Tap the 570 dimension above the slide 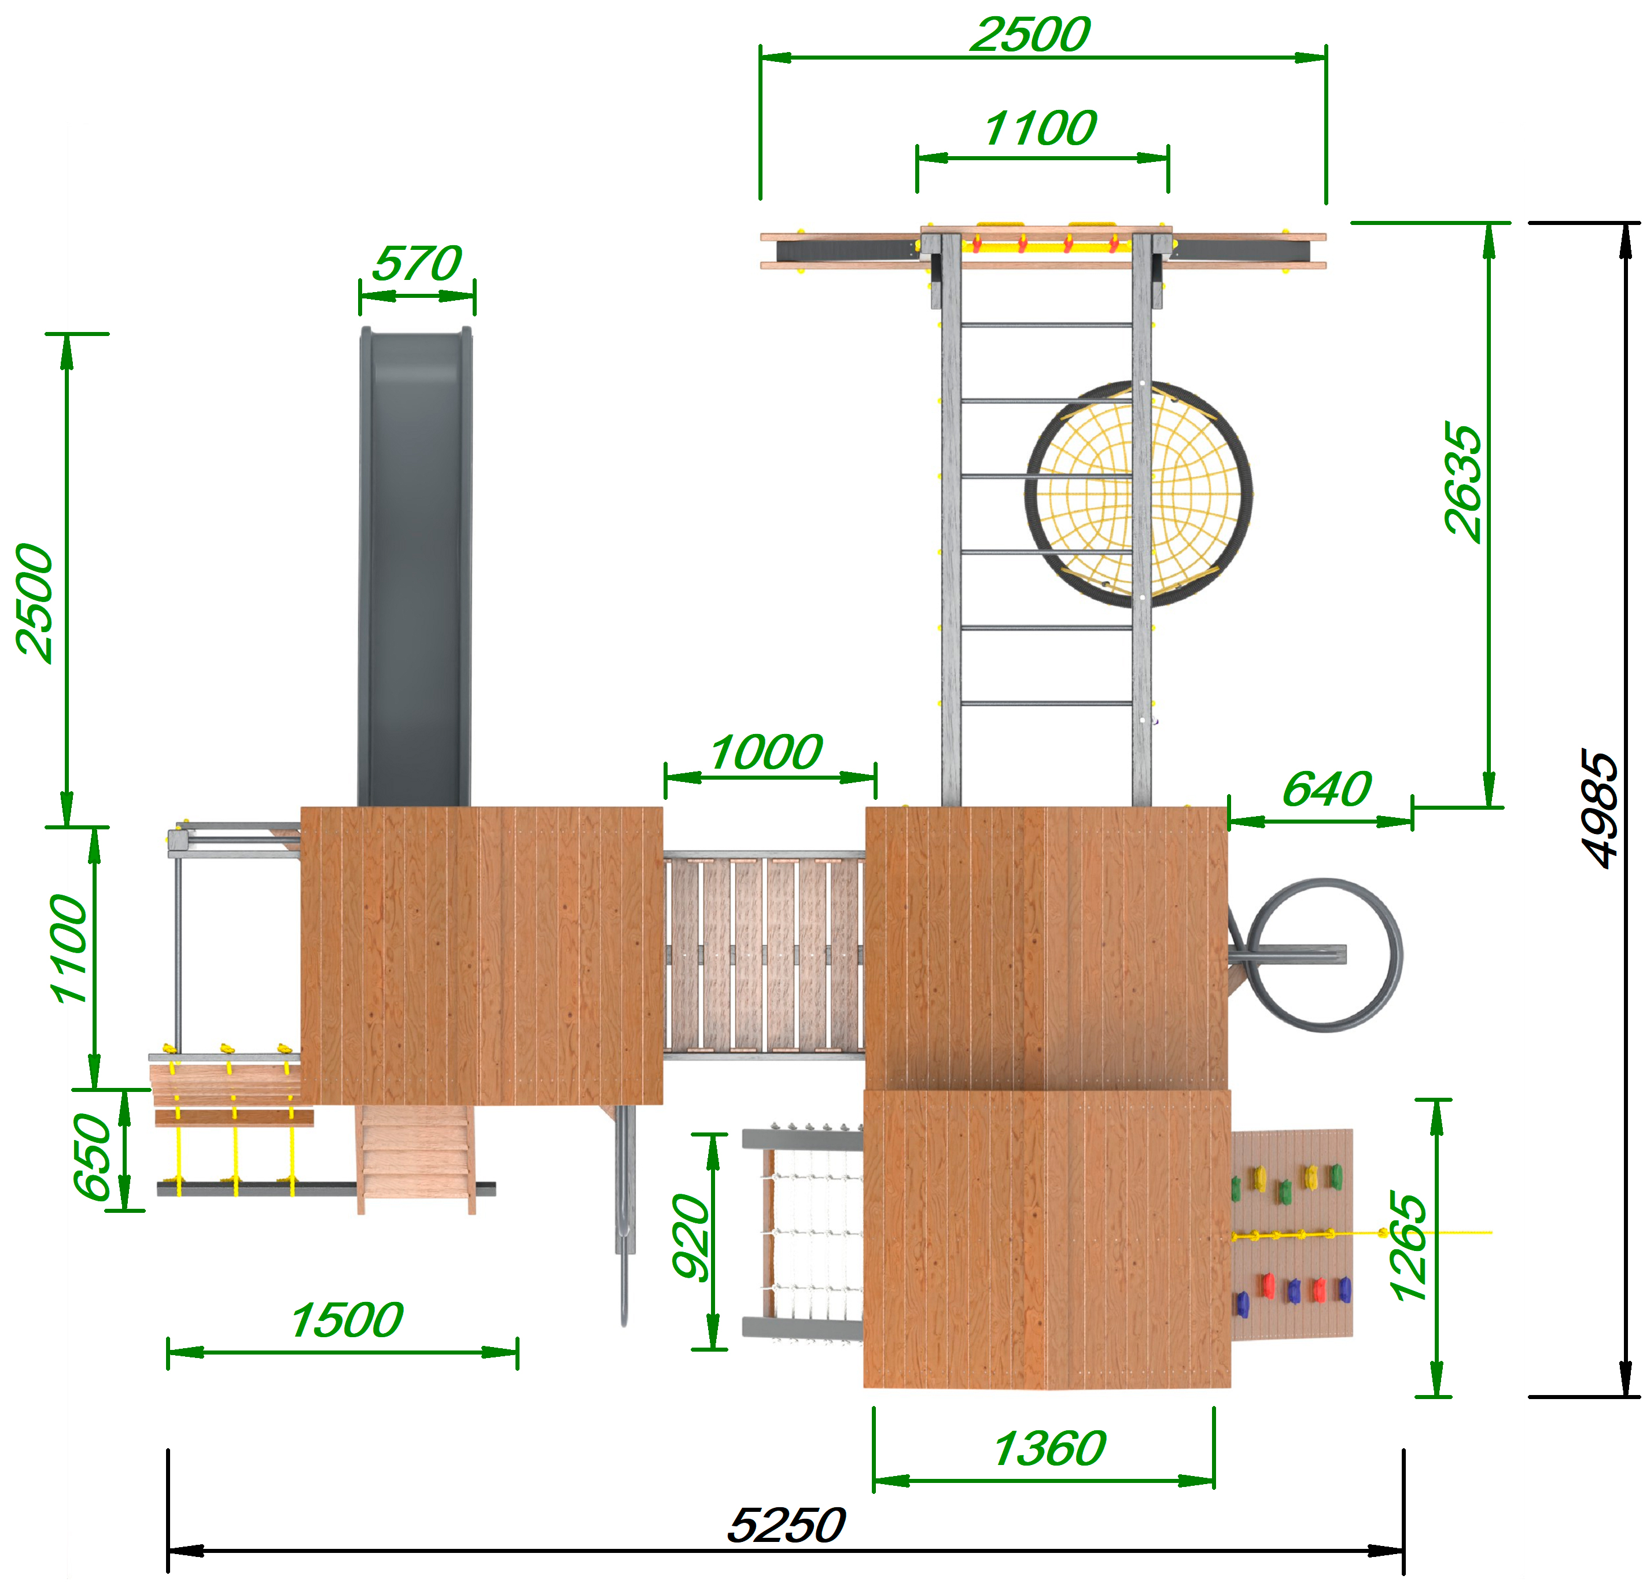click(417, 263)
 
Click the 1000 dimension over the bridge click(766, 752)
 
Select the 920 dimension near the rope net click(691, 1237)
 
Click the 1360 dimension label click(1049, 1449)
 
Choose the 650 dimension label click(92, 1157)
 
